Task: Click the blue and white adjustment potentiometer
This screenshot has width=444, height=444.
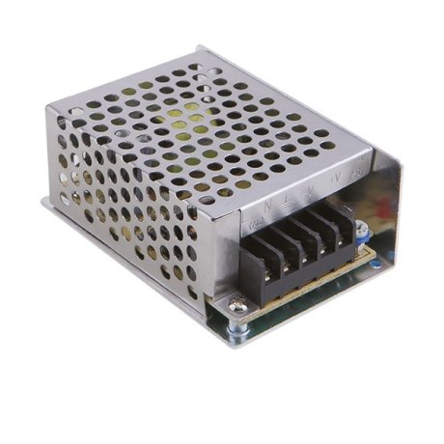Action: [362, 230]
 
